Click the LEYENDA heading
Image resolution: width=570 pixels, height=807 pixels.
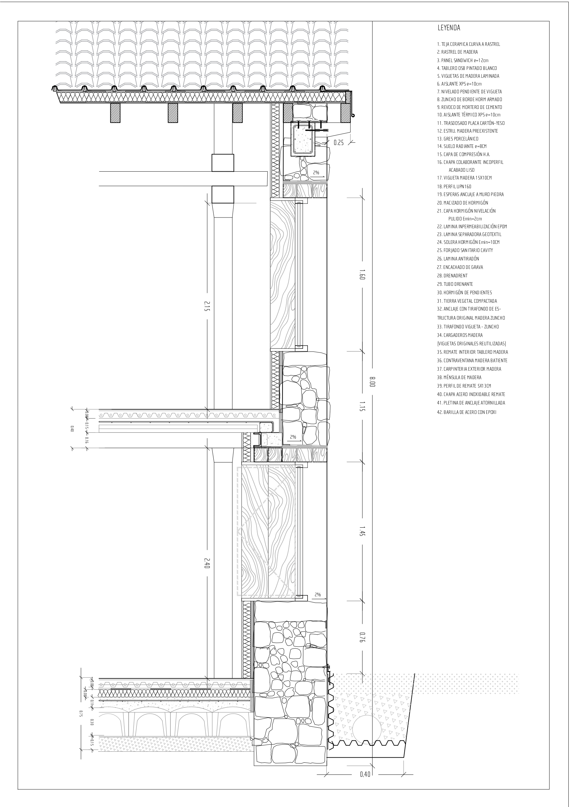(449, 28)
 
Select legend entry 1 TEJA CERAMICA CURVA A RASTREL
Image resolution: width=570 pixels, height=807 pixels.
(468, 44)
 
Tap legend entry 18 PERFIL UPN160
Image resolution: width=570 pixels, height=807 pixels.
(454, 187)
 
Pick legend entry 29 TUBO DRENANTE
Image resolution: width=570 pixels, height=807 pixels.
(455, 284)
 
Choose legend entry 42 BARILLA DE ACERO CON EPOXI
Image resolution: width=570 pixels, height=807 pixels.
(466, 412)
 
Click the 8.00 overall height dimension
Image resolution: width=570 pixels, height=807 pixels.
(373, 382)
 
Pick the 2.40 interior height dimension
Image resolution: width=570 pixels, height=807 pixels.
(207, 563)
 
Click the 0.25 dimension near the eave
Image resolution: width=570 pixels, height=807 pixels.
(338, 143)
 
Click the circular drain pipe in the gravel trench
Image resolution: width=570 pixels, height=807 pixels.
(366, 730)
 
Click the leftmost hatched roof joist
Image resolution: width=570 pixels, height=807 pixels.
(115, 113)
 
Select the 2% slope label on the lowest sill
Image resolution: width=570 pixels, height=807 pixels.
(318, 595)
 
